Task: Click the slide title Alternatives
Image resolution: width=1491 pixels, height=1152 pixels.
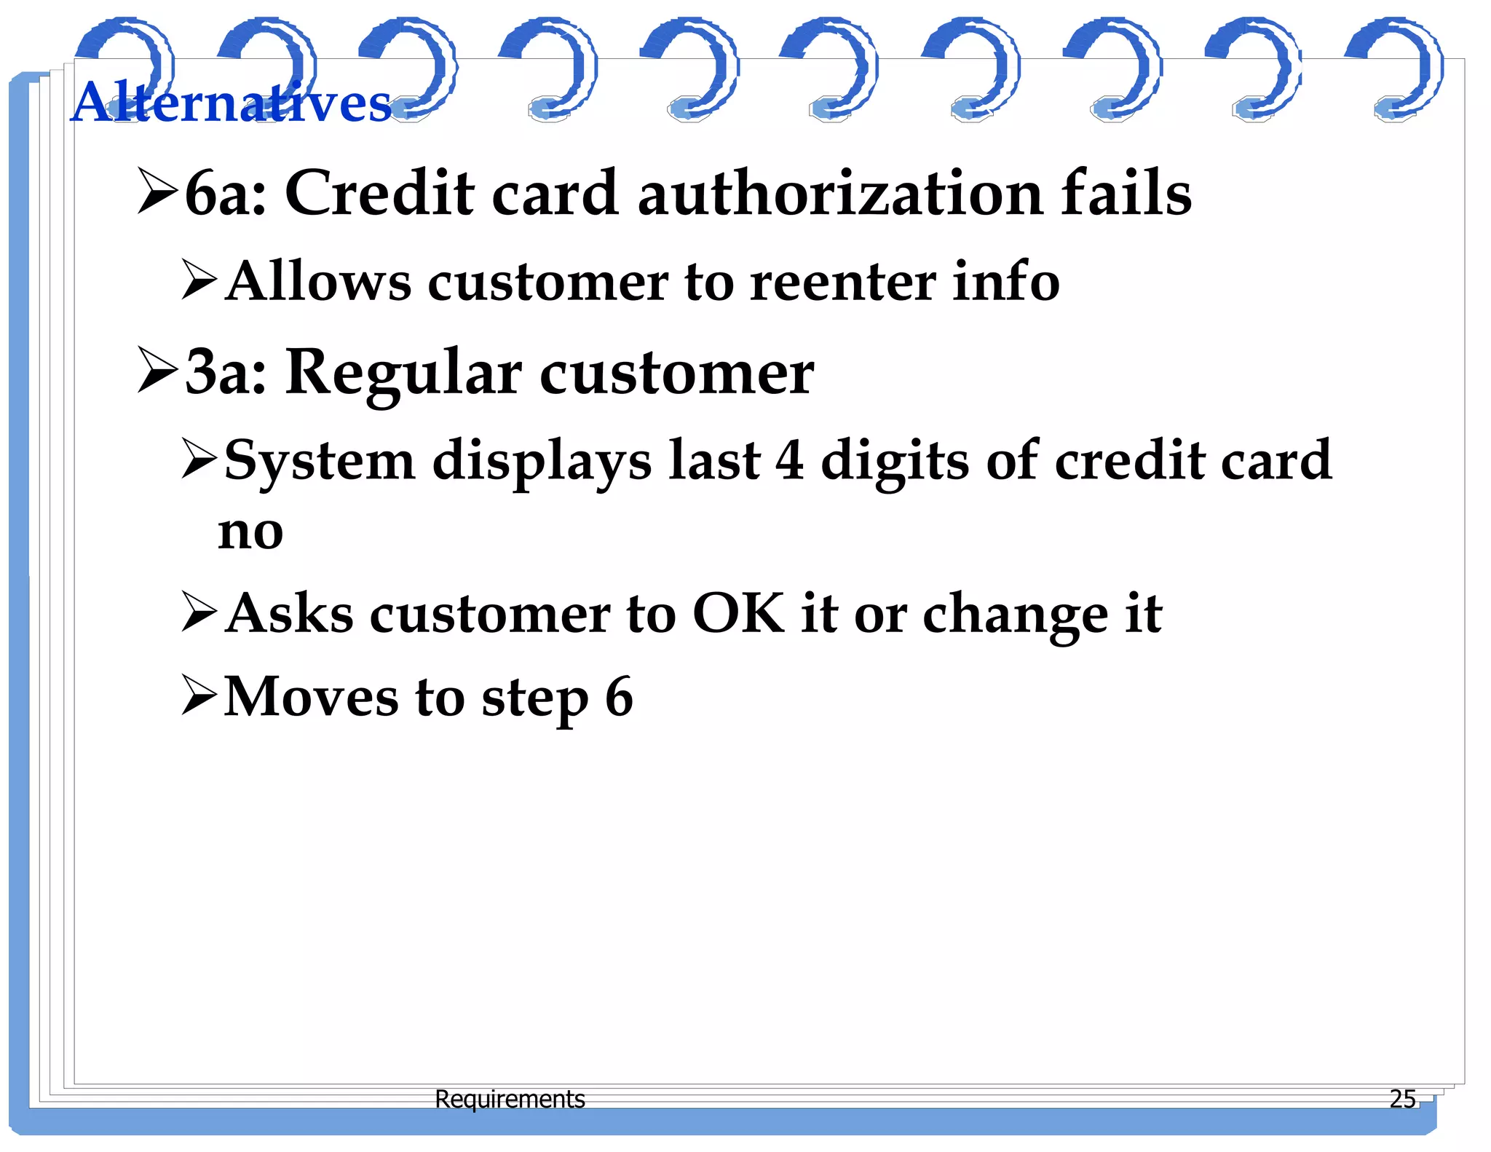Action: (x=232, y=102)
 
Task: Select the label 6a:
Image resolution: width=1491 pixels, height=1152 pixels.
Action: (x=226, y=194)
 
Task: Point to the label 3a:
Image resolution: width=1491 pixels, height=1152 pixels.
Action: (x=226, y=373)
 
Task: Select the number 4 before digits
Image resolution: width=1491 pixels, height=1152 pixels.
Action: (x=790, y=461)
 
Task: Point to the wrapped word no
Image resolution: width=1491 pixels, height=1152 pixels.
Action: (x=250, y=532)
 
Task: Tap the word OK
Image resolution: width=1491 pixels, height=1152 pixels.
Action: (x=738, y=613)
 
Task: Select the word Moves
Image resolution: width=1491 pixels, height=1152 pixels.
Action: (x=311, y=698)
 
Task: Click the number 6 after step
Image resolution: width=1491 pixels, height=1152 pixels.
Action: (x=619, y=698)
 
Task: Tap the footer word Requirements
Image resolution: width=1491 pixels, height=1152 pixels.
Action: (x=510, y=1099)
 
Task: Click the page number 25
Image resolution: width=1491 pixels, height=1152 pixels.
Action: (x=1402, y=1099)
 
